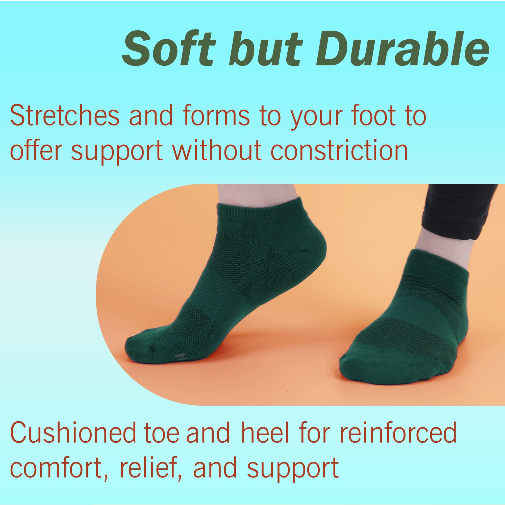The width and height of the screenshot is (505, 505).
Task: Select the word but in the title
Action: click(x=266, y=49)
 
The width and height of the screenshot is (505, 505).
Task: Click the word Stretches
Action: click(x=65, y=116)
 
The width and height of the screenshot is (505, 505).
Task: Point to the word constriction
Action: click(x=339, y=150)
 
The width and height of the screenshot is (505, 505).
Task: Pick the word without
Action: click(x=217, y=150)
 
